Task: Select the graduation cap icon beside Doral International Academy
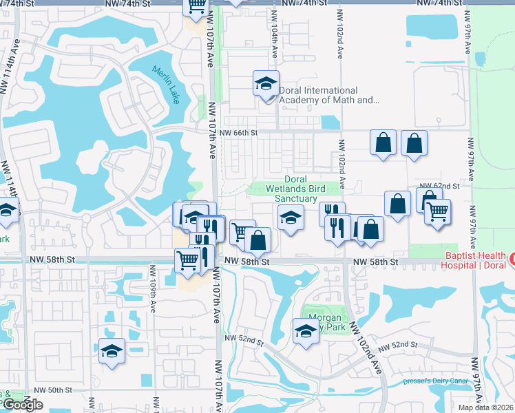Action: (266, 84)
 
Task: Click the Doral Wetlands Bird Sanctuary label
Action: (295, 189)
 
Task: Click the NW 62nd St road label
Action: (441, 186)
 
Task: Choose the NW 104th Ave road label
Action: (273, 43)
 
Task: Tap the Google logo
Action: (23, 405)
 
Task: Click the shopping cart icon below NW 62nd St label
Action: (437, 212)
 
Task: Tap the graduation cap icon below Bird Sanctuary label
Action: (291, 218)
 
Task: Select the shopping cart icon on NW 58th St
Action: (188, 260)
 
